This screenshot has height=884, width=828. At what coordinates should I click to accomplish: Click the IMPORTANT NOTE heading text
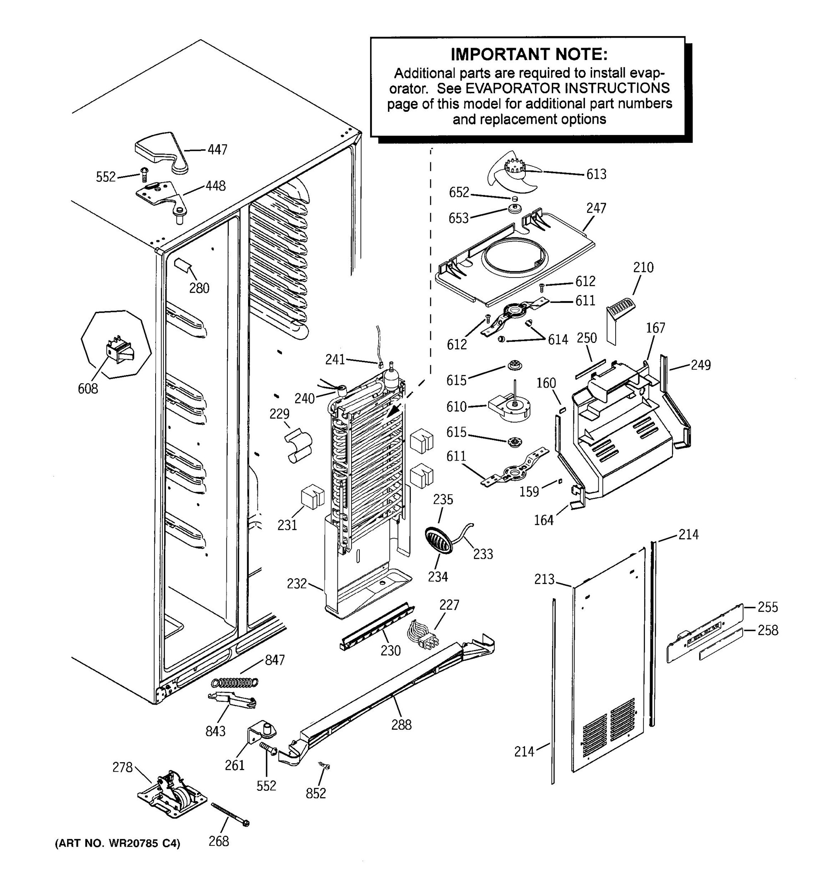tap(528, 54)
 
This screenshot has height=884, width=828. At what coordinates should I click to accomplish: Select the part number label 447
tap(217, 150)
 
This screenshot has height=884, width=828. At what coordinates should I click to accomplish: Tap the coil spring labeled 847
tap(235, 682)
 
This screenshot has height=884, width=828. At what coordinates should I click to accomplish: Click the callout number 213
tap(544, 579)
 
